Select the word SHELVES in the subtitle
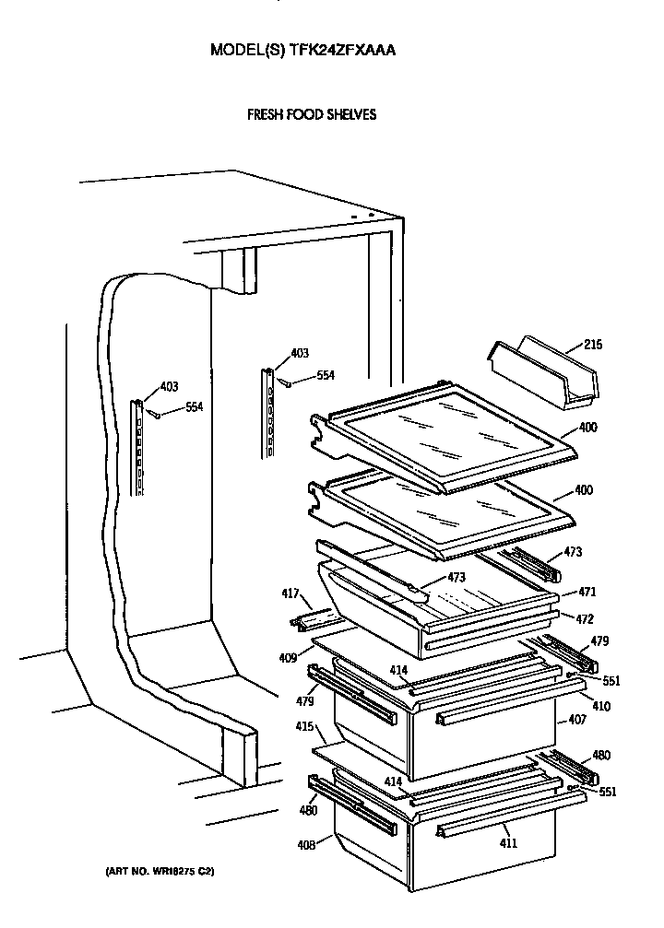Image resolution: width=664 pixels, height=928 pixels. click(349, 115)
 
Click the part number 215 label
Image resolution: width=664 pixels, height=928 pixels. click(593, 346)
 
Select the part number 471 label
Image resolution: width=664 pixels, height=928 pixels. click(587, 593)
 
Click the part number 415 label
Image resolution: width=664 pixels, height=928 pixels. click(302, 727)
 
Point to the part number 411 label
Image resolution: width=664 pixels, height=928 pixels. click(508, 843)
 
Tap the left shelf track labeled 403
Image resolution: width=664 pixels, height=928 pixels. click(139, 448)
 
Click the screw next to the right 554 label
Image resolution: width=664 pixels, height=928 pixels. click(289, 382)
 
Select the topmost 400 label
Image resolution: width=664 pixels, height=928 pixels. click(587, 429)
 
